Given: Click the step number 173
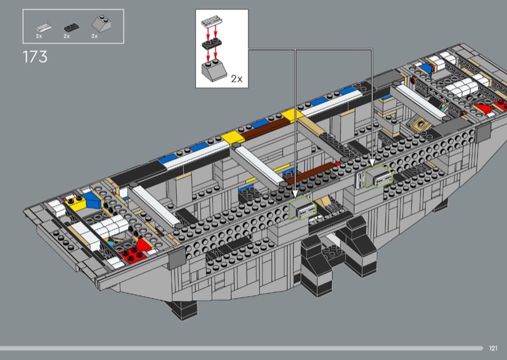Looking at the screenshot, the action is point(35,57).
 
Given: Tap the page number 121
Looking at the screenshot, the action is point(493,348).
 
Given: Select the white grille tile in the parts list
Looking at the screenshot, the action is point(44,27).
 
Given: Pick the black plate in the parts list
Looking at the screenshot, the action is point(72,27).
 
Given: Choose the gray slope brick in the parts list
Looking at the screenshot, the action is point(101,23).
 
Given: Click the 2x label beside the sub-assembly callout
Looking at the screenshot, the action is point(236,79).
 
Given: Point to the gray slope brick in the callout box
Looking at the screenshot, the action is point(214,70).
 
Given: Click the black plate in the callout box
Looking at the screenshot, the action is point(212,43).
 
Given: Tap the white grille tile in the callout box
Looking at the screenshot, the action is point(212,21).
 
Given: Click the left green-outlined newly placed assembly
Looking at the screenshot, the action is point(302,208).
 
